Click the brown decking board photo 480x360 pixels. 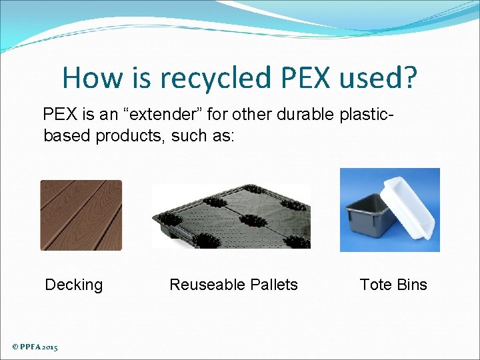(x=81, y=215)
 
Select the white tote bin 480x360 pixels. (x=413, y=203)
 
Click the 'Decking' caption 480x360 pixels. (x=73, y=285)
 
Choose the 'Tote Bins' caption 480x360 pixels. (x=393, y=285)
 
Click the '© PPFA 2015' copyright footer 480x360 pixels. (x=35, y=347)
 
